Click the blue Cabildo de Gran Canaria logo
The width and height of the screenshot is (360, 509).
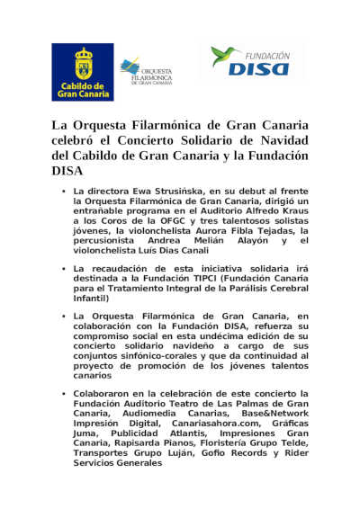click(83, 72)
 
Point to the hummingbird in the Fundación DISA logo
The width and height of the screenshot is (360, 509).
click(225, 56)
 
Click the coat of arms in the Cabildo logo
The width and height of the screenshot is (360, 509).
click(83, 63)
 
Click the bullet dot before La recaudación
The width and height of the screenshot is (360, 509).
click(63, 268)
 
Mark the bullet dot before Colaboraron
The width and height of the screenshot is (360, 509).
click(63, 395)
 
